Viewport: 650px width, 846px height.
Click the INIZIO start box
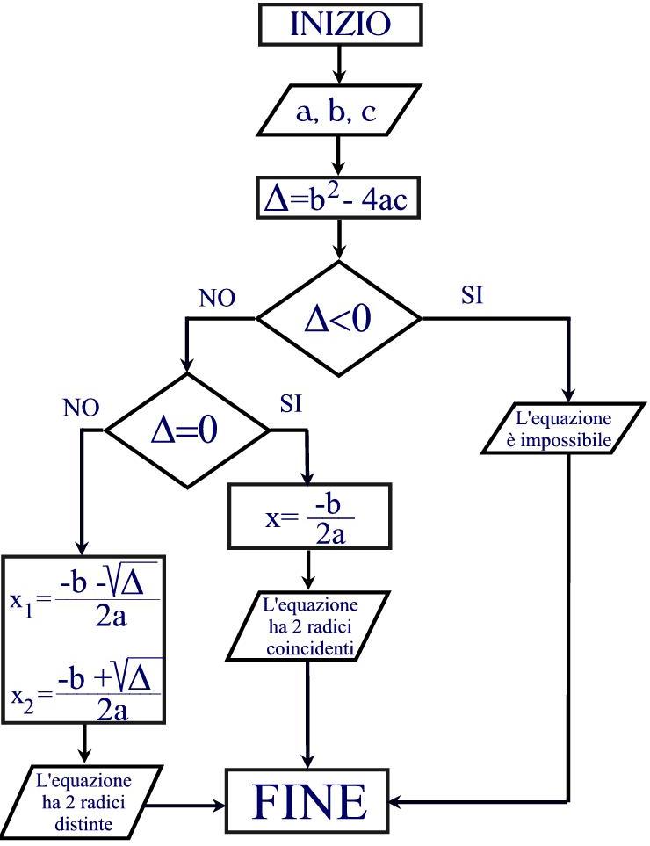coord(338,24)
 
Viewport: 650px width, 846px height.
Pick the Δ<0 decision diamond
coord(338,318)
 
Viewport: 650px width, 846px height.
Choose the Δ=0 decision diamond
coord(186,430)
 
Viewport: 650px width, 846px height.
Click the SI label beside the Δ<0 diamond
coord(472,295)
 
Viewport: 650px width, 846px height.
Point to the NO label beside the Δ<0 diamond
coord(217,299)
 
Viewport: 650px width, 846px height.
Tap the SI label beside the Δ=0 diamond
coord(292,404)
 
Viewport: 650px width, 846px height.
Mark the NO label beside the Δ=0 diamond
coord(81,408)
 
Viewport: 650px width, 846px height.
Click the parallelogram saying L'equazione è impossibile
coord(559,428)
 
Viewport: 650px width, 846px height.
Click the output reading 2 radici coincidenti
coord(307,627)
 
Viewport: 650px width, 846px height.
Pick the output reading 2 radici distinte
coord(85,800)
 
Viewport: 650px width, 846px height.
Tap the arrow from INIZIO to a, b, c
coord(338,65)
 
